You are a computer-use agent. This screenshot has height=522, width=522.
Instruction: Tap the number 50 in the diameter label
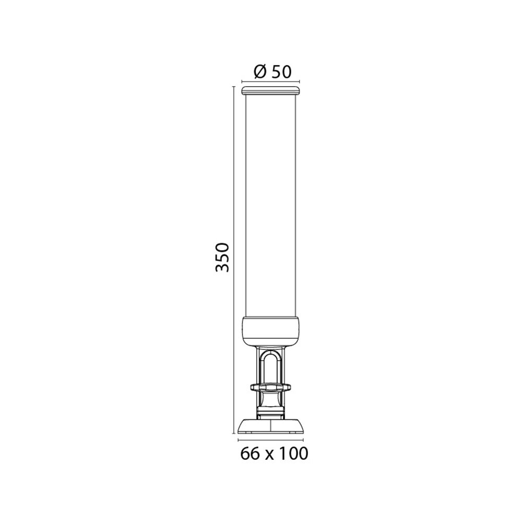coord(281,72)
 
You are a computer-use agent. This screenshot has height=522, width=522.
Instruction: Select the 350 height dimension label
coord(222,257)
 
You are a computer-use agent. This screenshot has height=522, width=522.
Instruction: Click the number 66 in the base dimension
coord(250,454)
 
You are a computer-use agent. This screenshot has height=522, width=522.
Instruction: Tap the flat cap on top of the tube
coord(270,90)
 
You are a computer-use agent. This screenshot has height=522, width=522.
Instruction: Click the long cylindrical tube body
coord(270,206)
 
